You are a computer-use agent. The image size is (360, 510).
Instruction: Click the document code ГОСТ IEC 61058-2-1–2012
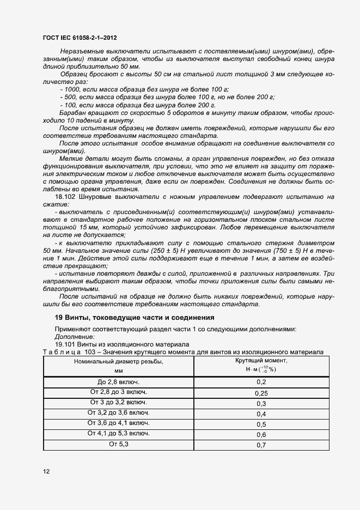(x=79, y=37)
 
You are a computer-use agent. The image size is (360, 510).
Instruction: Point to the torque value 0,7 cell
(x=261, y=445)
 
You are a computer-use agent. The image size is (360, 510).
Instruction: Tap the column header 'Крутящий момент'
(x=261, y=361)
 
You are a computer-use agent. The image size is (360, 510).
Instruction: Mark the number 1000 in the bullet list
(x=72, y=89)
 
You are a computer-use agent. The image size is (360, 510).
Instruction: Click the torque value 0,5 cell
(x=261, y=424)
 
